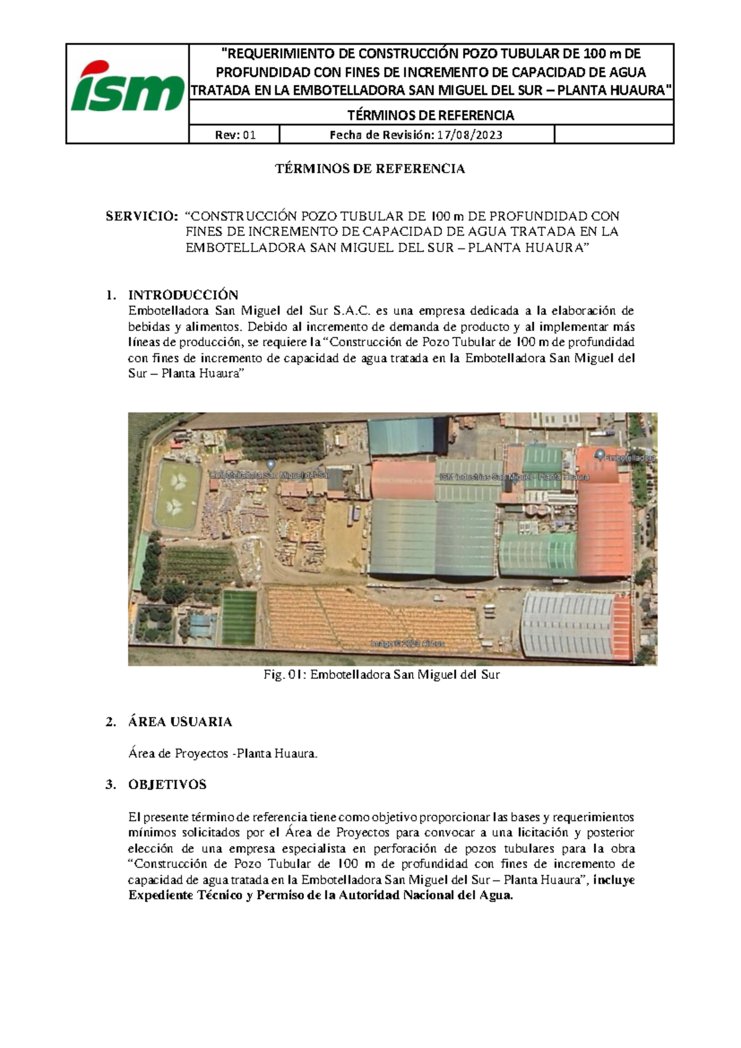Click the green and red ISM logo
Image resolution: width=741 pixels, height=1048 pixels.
[x=127, y=88]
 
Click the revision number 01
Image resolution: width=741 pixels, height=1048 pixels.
[x=249, y=135]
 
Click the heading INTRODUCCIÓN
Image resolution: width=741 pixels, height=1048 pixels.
[x=183, y=295]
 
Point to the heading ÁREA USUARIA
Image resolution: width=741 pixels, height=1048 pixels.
[x=180, y=722]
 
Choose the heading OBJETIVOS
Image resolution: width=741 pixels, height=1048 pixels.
[x=167, y=785]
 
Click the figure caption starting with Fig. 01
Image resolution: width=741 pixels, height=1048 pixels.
[x=381, y=675]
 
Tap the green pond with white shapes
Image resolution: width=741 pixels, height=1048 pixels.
[x=177, y=494]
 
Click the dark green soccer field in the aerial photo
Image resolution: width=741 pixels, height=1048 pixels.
[x=239, y=616]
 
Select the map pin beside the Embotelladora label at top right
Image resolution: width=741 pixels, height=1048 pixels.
[x=599, y=455]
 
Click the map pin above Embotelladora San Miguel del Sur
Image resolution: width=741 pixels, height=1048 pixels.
[x=270, y=465]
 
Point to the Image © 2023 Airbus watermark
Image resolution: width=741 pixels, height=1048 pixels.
[x=407, y=643]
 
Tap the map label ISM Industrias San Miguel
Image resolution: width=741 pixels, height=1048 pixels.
[x=514, y=477]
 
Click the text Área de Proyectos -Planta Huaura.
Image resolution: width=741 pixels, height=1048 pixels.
[x=222, y=754]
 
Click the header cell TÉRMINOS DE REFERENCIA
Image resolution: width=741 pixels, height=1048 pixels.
[x=430, y=115]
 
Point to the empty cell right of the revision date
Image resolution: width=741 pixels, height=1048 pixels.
[x=613, y=135]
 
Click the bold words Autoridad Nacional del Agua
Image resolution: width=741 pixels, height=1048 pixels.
[x=426, y=895]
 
